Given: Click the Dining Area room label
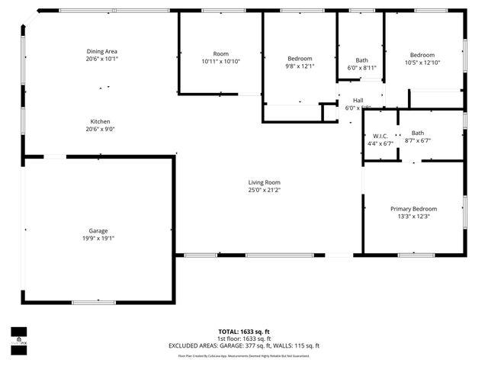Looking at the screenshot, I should coord(101,51).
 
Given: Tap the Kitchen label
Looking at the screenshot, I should coord(101,122).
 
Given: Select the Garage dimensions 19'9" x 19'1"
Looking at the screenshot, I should coord(98,238).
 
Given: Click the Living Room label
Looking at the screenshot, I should coord(264,182).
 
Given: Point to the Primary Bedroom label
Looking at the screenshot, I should coord(414,209).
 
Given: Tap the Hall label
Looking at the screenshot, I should coord(358,101).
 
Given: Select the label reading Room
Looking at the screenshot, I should coord(220,53).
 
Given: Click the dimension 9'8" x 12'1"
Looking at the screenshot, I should coord(300,66).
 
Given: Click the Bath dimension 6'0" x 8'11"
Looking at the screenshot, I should coord(361,68).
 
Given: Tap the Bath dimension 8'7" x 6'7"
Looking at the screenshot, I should coord(417,140).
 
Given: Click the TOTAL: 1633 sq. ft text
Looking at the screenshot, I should coord(244,332).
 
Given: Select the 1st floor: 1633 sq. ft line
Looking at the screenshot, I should coord(244,339).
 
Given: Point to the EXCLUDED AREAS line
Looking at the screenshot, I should coord(244,345).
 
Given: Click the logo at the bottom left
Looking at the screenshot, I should coord(18,336).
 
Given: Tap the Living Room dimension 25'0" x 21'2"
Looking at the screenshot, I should coord(264,190).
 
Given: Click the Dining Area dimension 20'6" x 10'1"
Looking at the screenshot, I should coord(101,59).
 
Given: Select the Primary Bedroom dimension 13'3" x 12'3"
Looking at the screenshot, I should coord(414,217).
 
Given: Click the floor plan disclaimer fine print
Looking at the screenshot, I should coord(244,355).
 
